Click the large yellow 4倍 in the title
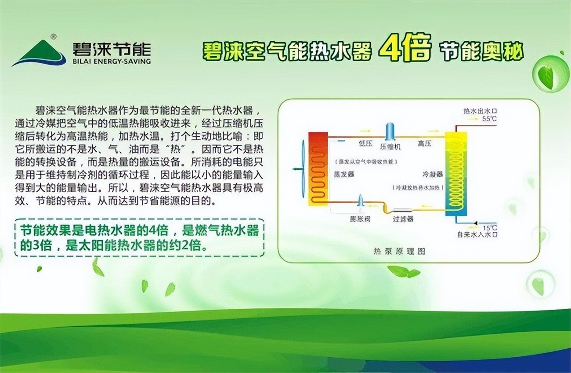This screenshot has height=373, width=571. (404, 47)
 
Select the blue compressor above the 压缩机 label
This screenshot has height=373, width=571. (389, 132)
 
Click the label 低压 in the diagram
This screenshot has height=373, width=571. (365, 143)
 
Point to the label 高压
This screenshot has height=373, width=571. (425, 143)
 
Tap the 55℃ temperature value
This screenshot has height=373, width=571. (489, 119)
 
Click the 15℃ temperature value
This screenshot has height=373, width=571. (490, 228)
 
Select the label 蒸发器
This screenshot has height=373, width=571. (344, 174)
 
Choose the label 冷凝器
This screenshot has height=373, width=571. (432, 174)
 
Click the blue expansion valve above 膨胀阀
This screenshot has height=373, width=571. (361, 201)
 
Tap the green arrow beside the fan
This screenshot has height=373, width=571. (298, 169)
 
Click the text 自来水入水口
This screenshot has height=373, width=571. (477, 235)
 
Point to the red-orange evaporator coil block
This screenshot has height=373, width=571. (318, 168)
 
